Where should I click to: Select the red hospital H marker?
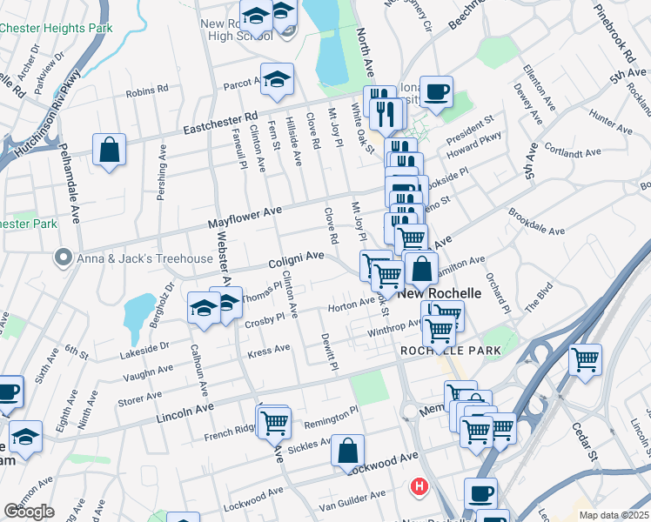pyautogui.click(x=421, y=485)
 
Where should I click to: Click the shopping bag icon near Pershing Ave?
pyautogui.click(x=110, y=150)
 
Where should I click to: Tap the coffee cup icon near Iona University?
pyautogui.click(x=435, y=90)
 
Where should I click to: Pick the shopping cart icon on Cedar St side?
pyautogui.click(x=585, y=358)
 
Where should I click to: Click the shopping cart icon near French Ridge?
pyautogui.click(x=274, y=421)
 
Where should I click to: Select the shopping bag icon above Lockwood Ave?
pyautogui.click(x=346, y=451)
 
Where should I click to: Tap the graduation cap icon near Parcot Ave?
pyautogui.click(x=277, y=79)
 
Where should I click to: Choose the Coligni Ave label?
pyautogui.click(x=295, y=259)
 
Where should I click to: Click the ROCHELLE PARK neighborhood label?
pyautogui.click(x=450, y=351)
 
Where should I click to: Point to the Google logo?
pyautogui.click(x=29, y=512)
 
